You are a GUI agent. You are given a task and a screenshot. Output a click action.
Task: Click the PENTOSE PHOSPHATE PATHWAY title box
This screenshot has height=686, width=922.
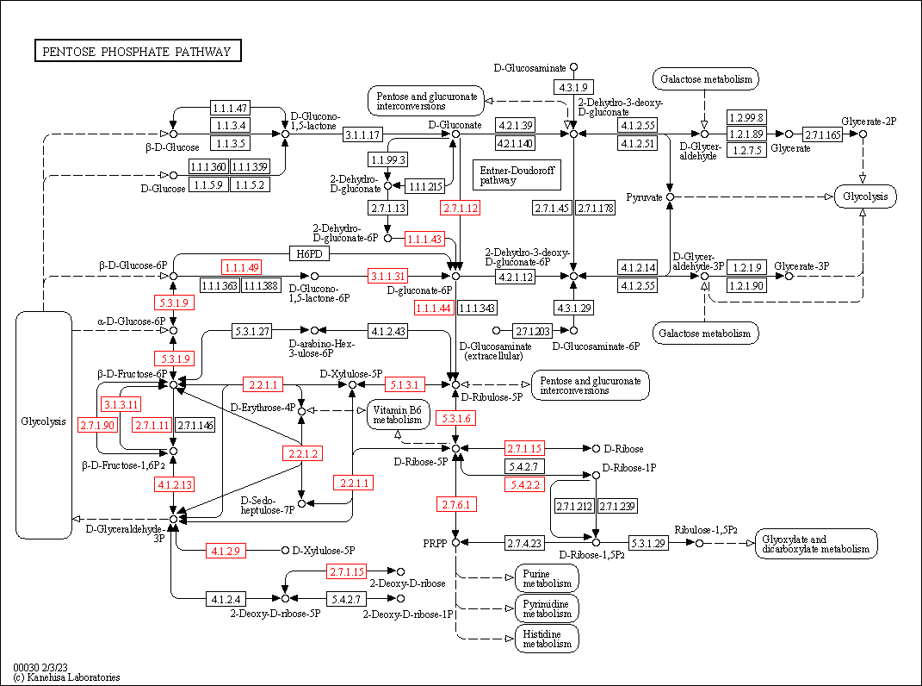[138, 52]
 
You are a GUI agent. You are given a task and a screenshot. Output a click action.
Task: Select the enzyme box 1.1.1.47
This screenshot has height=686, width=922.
[230, 109]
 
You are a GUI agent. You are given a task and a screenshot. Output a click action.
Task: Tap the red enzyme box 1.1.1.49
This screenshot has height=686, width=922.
[242, 267]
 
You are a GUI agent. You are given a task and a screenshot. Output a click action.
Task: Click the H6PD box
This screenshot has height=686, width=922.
[308, 253]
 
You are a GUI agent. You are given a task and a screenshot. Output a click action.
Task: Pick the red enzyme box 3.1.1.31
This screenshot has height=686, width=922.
[387, 277]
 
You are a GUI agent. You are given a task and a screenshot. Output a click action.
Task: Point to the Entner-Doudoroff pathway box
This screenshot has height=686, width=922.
[506, 175]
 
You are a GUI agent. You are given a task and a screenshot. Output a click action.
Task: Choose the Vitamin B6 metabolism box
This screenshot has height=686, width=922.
[399, 415]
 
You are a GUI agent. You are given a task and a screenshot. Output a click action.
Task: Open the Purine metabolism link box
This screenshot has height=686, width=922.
[547, 579]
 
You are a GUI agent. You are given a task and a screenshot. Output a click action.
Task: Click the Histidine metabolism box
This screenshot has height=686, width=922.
[547, 639]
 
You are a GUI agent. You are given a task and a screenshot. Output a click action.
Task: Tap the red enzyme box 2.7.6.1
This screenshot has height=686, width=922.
[456, 504]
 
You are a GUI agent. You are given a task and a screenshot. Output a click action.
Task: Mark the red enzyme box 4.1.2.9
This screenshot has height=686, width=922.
[227, 550]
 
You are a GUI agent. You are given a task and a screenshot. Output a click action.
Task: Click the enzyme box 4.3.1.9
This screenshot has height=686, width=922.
[573, 87]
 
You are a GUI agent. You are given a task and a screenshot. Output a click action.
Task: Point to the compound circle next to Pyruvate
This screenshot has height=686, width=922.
[670, 197]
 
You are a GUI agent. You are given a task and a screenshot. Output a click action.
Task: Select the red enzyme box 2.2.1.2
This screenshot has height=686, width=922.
[302, 453]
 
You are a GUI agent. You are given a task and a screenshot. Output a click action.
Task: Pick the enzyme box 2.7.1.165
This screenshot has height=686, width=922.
[822, 134]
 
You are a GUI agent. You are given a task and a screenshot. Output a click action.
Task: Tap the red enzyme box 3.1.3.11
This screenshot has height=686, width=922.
[122, 404]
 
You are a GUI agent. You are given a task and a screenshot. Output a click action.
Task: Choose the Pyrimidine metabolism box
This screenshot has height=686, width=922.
[547, 608]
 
